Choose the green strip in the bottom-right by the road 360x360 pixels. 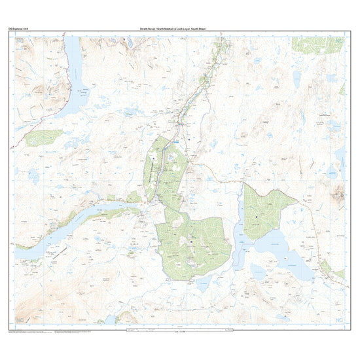point(325,266)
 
